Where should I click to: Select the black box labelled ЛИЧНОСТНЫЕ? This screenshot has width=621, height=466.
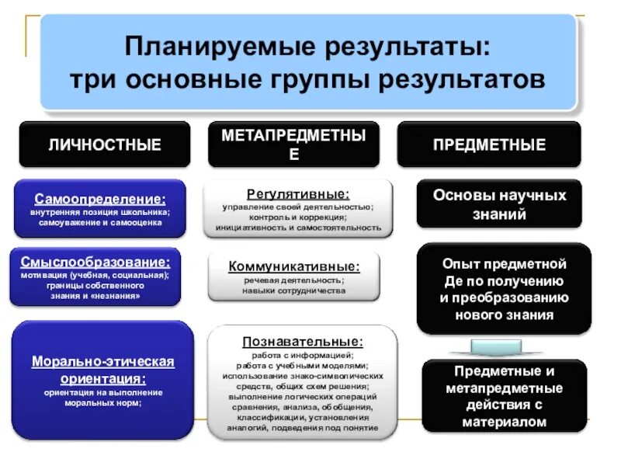tap(105, 144)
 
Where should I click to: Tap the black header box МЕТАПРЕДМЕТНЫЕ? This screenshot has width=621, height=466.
tap(293, 144)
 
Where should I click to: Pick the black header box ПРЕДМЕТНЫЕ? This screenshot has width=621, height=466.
tap(489, 144)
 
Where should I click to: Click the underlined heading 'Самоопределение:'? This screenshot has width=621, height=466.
tap(99, 198)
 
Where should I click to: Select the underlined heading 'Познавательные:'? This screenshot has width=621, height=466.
tap(301, 340)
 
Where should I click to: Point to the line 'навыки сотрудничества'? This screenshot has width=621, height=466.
tap(293, 290)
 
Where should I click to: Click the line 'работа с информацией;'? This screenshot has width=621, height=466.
tap(301, 356)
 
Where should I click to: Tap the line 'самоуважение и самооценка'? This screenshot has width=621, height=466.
tap(99, 222)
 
